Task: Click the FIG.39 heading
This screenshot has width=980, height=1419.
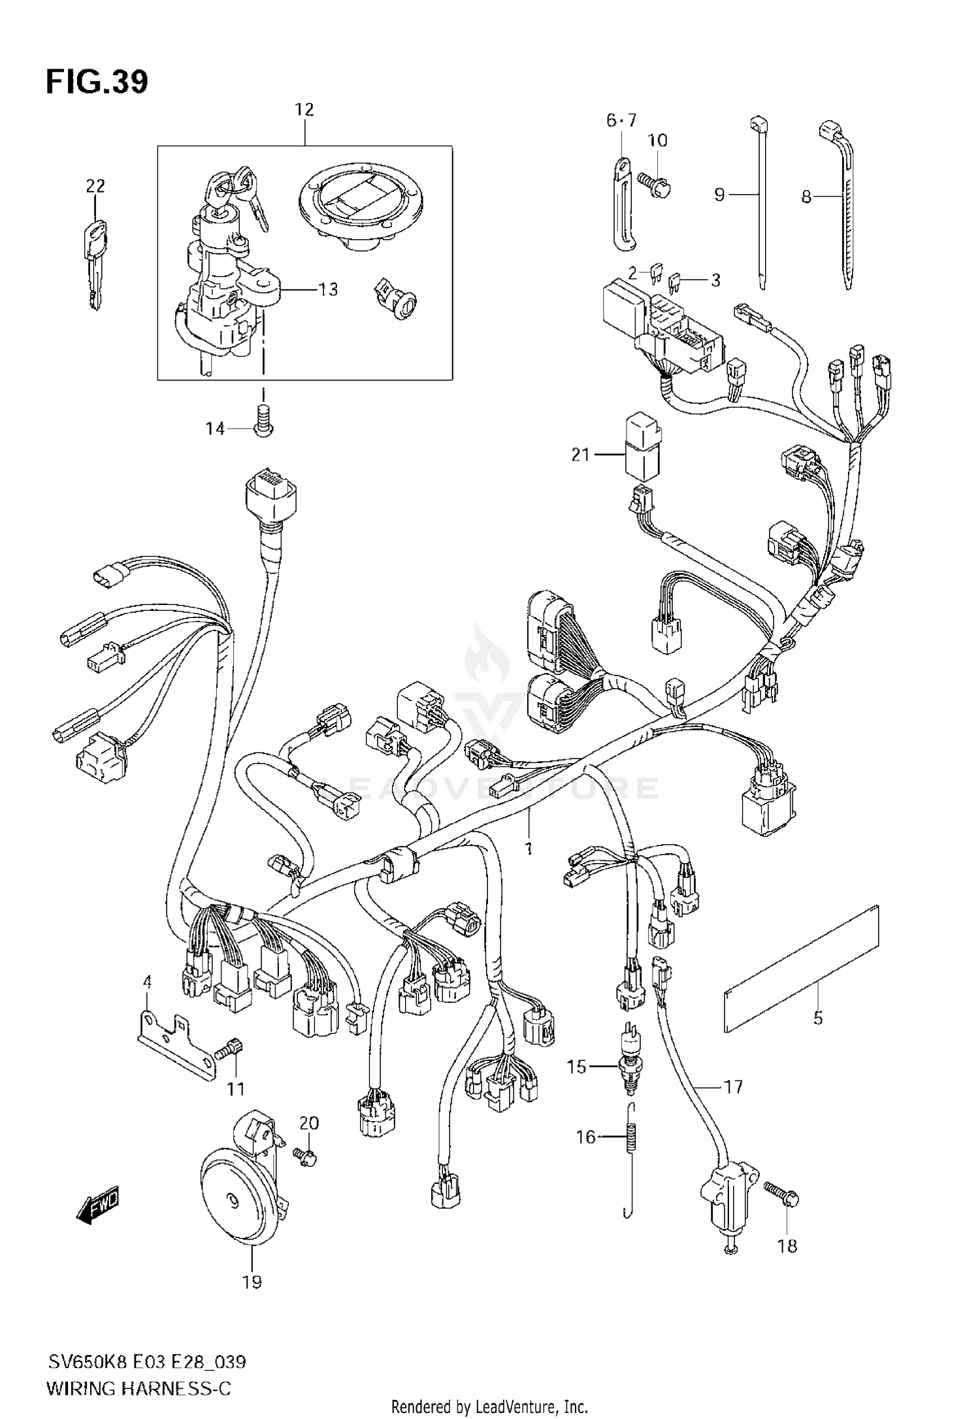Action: [x=97, y=82]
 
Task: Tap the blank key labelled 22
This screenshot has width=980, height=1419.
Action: [x=95, y=265]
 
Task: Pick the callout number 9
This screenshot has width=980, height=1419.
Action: [x=719, y=195]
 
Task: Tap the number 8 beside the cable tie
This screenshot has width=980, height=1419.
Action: [x=807, y=196]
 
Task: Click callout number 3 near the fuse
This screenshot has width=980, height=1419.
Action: [x=715, y=280]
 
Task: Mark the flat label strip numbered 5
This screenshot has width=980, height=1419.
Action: [x=801, y=969]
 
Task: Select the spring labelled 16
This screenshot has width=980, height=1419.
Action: [x=631, y=1138]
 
